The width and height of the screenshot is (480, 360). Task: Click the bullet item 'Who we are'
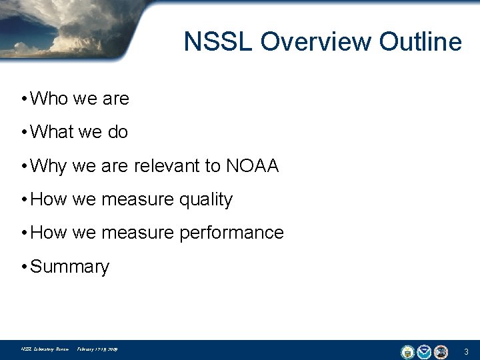(79, 99)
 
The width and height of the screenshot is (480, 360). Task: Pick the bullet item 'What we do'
(79, 132)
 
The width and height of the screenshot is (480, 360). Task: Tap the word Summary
(69, 267)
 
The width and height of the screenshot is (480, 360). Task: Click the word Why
(49, 166)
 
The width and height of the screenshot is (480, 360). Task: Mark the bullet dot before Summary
(23, 267)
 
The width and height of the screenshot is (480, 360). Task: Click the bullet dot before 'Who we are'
(23, 99)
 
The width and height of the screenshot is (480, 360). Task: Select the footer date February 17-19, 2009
(97, 349)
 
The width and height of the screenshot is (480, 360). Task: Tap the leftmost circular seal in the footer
(407, 351)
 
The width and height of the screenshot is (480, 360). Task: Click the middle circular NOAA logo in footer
(424, 351)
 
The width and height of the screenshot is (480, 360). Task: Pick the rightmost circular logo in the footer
(441, 351)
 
